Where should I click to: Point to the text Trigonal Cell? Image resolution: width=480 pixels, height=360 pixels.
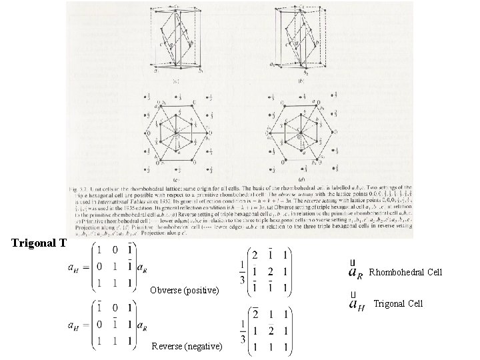[x=398, y=304]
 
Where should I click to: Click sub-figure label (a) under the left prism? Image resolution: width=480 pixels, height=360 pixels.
[x=175, y=79]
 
